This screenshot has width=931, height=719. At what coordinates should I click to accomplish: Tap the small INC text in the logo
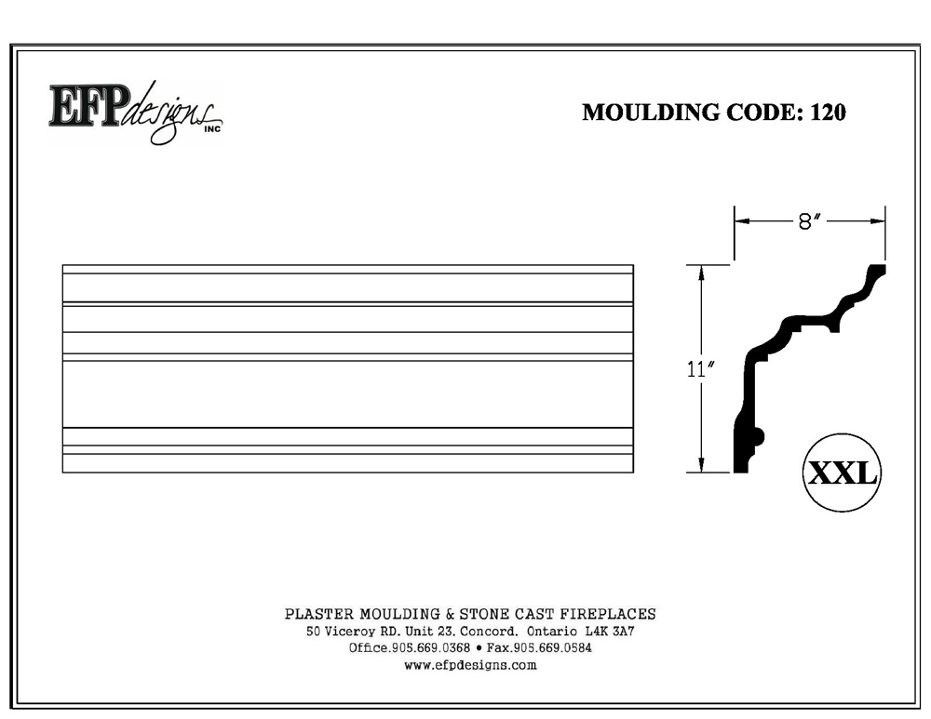coord(212,128)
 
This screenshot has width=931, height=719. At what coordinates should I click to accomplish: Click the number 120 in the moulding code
coord(828,113)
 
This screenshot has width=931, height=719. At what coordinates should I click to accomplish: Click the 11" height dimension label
coord(700,369)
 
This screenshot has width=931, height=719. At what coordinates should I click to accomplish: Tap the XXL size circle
coord(842,473)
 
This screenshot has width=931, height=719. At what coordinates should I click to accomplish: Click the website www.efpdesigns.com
coord(470,665)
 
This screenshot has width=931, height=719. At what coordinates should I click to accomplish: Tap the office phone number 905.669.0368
coord(431,647)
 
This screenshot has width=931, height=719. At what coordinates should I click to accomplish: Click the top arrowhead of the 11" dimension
coord(701,273)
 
